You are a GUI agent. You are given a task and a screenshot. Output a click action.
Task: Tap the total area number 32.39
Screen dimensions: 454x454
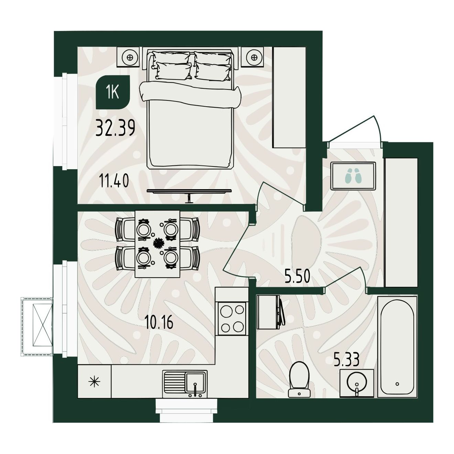115,128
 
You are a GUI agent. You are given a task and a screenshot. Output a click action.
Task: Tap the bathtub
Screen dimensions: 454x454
397,347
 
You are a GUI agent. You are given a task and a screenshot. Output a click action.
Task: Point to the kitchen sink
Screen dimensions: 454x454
185,384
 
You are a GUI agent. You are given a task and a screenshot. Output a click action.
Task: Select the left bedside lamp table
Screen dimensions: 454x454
129,57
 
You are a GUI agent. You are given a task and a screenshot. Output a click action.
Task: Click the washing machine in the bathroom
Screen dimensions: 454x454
270,312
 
